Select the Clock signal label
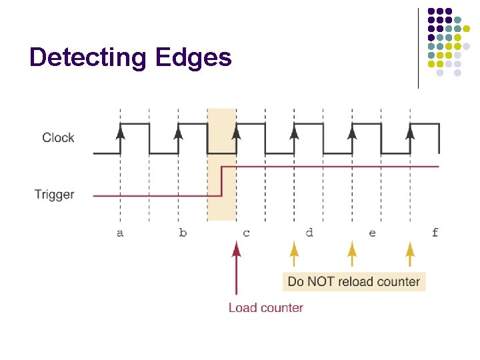pyautogui.click(x=58, y=138)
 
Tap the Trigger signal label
pyautogui.click(x=54, y=195)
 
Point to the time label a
pyautogui.click(x=120, y=233)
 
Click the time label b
pyautogui.click(x=183, y=233)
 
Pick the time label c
pyautogui.click(x=247, y=233)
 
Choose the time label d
pyautogui.click(x=309, y=233)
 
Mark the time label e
pyautogui.click(x=372, y=233)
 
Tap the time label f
pyautogui.click(x=435, y=233)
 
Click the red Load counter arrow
pyautogui.click(x=235, y=267)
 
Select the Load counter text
pyautogui.click(x=266, y=308)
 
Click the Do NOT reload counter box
pyautogui.click(x=354, y=281)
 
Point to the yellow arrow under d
pyautogui.click(x=293, y=254)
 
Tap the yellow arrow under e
pyautogui.click(x=351, y=254)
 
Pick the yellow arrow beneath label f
pyautogui.click(x=410, y=254)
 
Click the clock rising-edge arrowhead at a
pyautogui.click(x=120, y=132)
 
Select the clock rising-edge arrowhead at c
pyautogui.click(x=235, y=132)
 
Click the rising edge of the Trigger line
pyautogui.click(x=222, y=181)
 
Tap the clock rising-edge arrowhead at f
pyautogui.click(x=410, y=132)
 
